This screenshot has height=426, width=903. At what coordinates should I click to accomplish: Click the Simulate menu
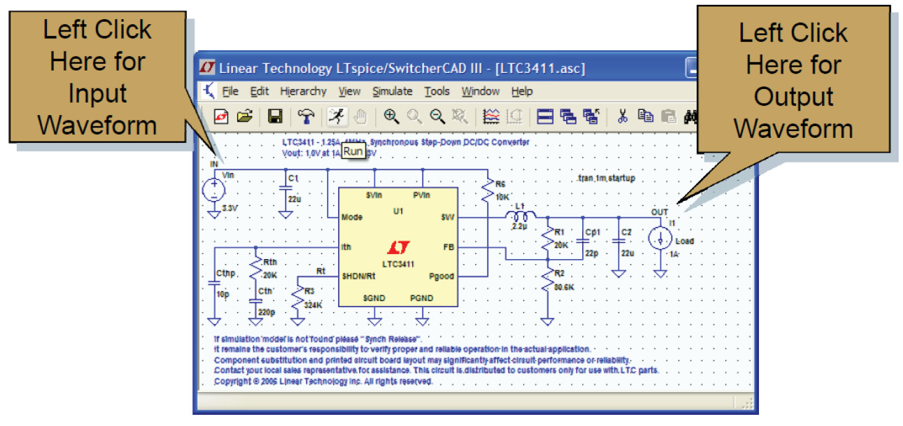click(392, 92)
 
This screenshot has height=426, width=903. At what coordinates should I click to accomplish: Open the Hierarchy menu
click(303, 92)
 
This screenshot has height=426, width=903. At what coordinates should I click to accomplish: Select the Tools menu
click(437, 92)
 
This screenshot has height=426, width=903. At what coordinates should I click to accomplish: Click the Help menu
click(522, 92)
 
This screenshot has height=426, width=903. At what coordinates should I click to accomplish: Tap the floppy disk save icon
click(275, 116)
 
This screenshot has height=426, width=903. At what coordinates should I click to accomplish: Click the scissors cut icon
click(622, 116)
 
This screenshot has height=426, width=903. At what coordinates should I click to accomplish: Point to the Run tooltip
click(353, 151)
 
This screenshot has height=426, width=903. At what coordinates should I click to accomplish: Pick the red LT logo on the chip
click(398, 249)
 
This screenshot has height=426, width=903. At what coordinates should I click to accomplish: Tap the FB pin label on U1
click(448, 247)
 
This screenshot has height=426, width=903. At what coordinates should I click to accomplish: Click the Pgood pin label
click(441, 276)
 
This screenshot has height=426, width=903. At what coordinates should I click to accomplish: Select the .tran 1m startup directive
click(605, 178)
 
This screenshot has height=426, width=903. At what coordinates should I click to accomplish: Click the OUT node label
click(659, 212)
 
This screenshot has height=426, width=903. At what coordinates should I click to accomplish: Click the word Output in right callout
click(794, 96)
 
